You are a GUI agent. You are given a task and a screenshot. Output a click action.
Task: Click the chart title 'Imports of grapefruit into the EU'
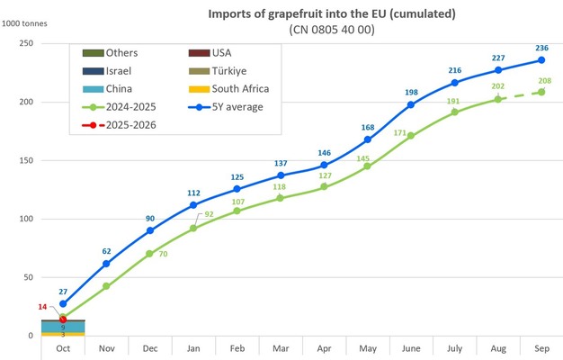tap(332, 14)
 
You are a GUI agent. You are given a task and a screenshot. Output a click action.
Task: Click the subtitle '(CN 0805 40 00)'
tap(332, 30)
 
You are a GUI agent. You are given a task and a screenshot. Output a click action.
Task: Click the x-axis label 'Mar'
tap(281, 347)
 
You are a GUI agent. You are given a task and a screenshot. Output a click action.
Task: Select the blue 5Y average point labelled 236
tap(541, 60)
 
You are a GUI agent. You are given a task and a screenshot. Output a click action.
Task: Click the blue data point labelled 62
tap(106, 264)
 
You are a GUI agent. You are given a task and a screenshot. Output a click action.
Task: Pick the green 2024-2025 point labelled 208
tap(541, 93)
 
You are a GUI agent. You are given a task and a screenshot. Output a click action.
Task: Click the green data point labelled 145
tap(367, 166)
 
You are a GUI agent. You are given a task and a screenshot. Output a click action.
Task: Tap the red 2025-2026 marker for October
tap(63, 319)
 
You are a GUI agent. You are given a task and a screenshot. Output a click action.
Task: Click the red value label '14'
tap(42, 308)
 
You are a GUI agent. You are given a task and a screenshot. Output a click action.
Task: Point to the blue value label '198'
tap(411, 93)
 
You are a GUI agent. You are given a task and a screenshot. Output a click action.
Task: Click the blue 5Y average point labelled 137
tap(281, 175)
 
